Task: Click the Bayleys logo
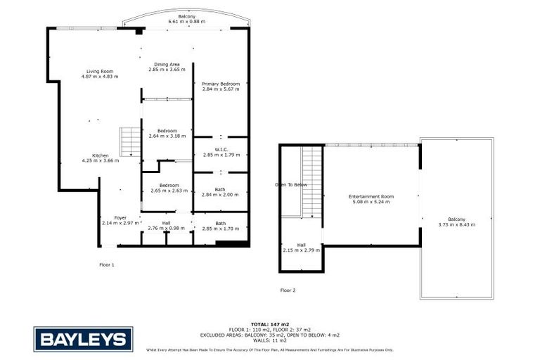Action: click(x=82, y=340)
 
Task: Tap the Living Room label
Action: click(x=100, y=74)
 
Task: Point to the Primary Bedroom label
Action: click(x=221, y=86)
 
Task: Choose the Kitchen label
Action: click(x=101, y=158)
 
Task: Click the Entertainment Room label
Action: click(x=372, y=199)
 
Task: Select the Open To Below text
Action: click(x=291, y=185)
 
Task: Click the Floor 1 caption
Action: click(x=106, y=264)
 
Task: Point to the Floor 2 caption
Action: click(x=288, y=290)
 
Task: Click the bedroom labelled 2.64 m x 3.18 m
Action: click(x=167, y=134)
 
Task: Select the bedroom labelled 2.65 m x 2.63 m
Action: click(x=167, y=188)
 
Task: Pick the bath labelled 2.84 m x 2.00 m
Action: click(x=220, y=191)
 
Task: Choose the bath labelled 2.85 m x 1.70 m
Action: click(x=220, y=226)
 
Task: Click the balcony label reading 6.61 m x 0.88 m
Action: click(x=186, y=19)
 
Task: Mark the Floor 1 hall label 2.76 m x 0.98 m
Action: click(x=166, y=226)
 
